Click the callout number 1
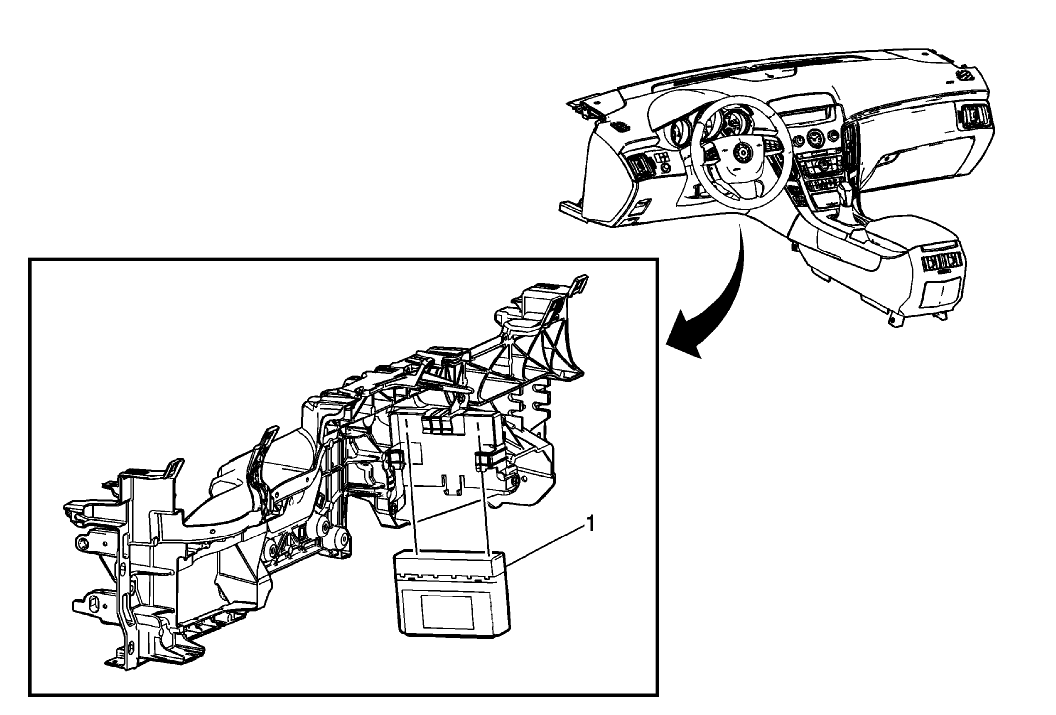590,524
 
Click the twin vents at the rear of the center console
941,261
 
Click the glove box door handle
891,158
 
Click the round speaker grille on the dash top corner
963,76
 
